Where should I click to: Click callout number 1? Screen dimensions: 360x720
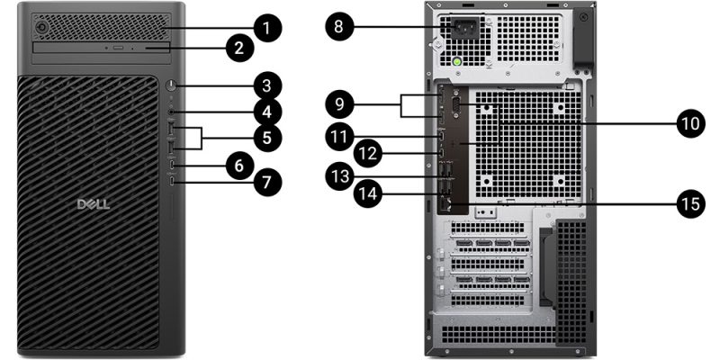pos(265,27)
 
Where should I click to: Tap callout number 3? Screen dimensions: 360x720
pos(265,86)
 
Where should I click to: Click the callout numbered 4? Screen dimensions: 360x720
pos(265,112)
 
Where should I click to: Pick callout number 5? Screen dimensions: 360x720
pos(266,139)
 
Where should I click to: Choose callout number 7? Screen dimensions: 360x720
pos(265,182)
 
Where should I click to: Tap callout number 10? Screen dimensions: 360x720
pos(689,123)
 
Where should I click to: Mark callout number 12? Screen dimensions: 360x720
pos(365,153)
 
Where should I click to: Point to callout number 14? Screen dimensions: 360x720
pos(365,192)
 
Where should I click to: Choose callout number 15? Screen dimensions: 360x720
pos(690,203)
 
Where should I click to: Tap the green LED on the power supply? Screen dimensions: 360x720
pos(457,63)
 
